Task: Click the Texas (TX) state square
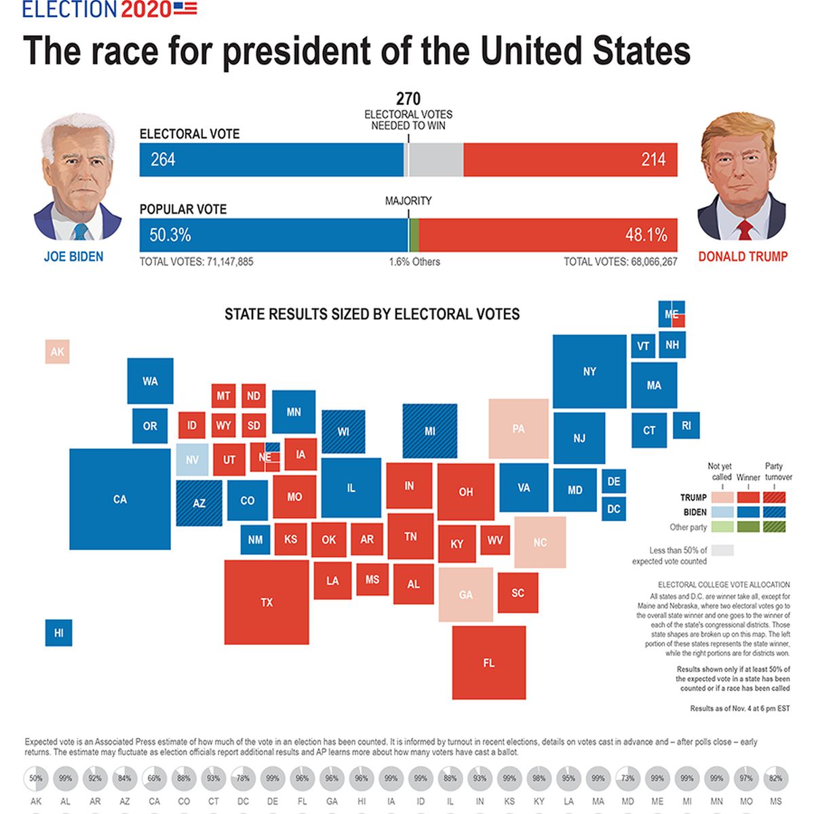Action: click(x=267, y=602)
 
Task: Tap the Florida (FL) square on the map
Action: click(x=489, y=662)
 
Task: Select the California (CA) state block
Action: click(x=120, y=499)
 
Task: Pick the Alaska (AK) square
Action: click(x=58, y=352)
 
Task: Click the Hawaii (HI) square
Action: click(x=59, y=632)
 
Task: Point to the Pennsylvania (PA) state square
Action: click(x=519, y=429)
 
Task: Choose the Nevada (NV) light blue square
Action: click(x=193, y=459)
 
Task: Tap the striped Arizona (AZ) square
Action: click(x=199, y=503)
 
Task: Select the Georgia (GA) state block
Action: click(x=466, y=594)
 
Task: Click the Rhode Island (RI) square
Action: click(x=686, y=425)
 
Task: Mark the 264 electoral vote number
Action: click(x=163, y=159)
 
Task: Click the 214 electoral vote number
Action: click(x=653, y=160)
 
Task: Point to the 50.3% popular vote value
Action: click(x=170, y=235)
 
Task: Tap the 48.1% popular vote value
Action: click(x=646, y=235)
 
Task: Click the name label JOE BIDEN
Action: click(x=74, y=256)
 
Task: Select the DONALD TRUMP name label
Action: click(x=743, y=256)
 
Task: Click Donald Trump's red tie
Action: click(x=745, y=230)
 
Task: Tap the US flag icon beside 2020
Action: click(x=185, y=8)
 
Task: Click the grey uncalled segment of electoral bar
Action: click(x=436, y=160)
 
